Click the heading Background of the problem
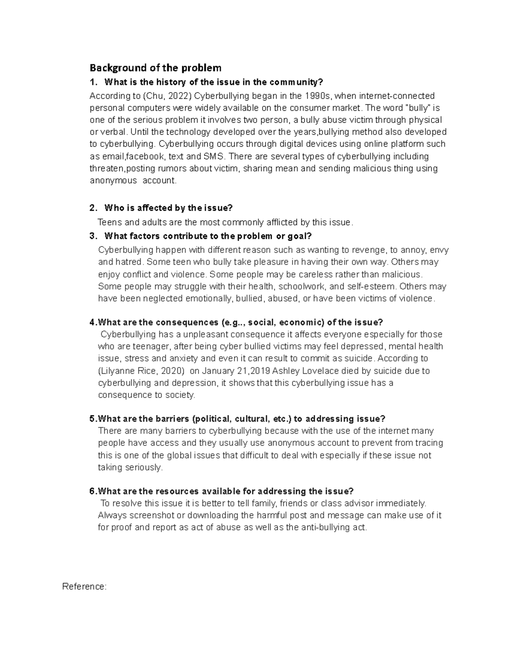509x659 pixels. (x=155, y=68)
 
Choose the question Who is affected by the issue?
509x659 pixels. (x=168, y=208)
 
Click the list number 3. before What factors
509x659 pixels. (x=93, y=236)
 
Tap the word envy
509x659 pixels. (x=440, y=250)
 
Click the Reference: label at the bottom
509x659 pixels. (x=84, y=587)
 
